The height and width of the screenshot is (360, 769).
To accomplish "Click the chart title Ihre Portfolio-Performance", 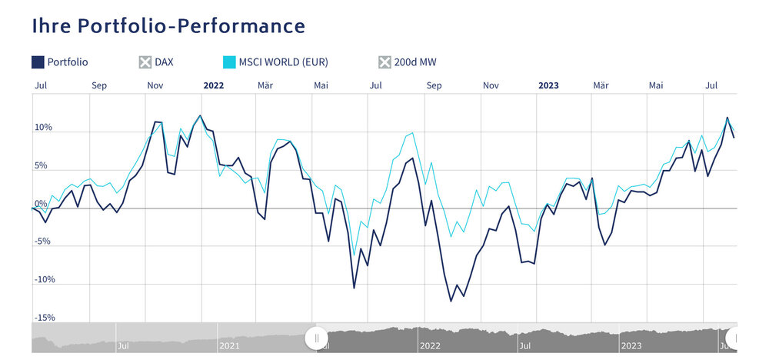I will point(168,26).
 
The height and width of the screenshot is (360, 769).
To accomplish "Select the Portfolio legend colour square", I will point(38,62).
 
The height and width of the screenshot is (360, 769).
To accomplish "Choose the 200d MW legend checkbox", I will point(385,62).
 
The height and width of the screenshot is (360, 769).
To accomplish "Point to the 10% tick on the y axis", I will point(42,128).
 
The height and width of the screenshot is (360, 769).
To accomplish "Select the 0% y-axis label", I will point(41,204).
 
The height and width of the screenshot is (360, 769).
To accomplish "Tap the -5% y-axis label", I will point(43,242).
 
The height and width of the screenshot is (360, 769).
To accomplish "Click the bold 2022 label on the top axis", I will point(213,85).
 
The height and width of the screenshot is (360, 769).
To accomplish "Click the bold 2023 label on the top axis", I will point(548,85).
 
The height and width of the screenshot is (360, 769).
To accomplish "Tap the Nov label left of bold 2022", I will point(155,85).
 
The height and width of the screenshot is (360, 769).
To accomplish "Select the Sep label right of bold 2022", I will point(434,85).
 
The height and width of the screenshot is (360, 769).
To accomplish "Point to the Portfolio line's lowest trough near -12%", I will point(451,301).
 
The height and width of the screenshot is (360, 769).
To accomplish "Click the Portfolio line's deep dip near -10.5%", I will point(354,288).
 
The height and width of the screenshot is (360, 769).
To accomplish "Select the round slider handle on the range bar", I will point(316,338).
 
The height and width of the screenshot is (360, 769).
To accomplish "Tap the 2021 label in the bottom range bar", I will point(230,346).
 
